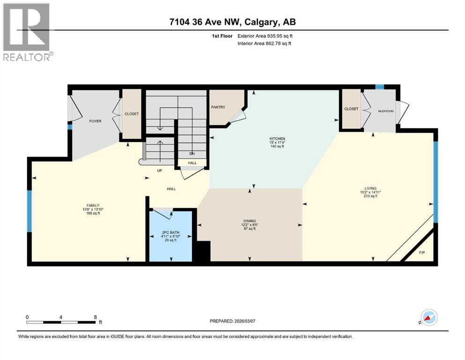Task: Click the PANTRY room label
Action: coord(218,107)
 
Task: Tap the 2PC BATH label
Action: coord(170,232)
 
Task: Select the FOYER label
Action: coord(96,121)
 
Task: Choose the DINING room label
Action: coord(249,221)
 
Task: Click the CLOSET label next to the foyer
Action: coord(132,114)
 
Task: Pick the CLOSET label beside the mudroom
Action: coord(351,109)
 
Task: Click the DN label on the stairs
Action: coord(192,153)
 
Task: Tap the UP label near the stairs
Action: coord(159,171)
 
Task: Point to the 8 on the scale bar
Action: coord(96,317)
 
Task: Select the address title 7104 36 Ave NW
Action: coord(232,22)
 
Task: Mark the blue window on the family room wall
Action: coord(30,211)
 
